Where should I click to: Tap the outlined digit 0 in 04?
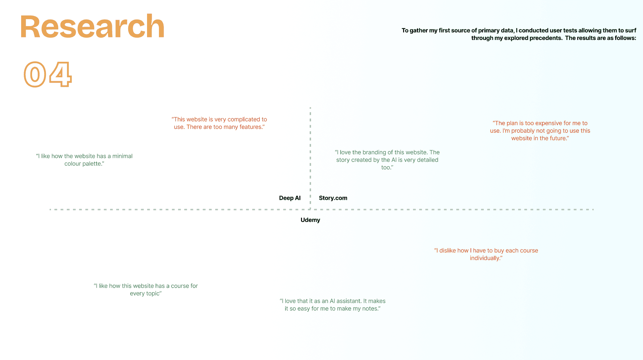click(x=35, y=75)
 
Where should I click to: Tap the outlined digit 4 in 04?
click(x=60, y=75)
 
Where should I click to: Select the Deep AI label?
click(x=290, y=198)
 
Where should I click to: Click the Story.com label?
click(x=333, y=198)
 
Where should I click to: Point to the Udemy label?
click(x=310, y=220)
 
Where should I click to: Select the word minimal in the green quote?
click(x=122, y=156)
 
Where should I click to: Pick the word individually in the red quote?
click(x=485, y=258)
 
